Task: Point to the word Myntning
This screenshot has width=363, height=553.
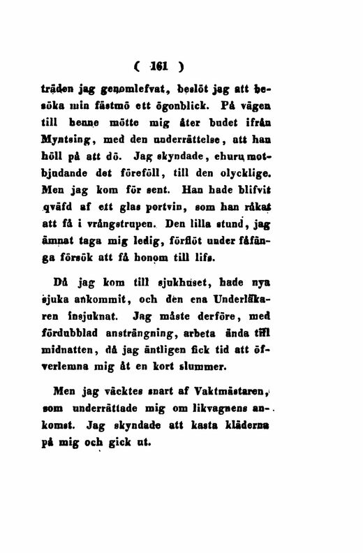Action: (x=77, y=138)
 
